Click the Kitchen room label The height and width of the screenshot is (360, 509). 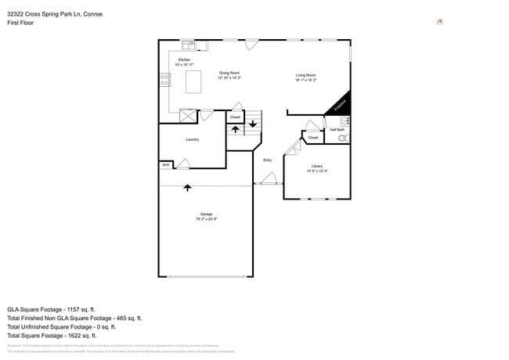184,60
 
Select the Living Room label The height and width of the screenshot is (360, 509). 305,76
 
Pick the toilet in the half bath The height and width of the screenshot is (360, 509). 343,138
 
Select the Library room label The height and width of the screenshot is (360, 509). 316,167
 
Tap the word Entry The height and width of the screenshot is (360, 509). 267,160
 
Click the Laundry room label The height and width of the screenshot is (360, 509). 192,139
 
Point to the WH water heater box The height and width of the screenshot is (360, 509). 166,165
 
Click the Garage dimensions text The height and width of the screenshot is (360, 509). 206,218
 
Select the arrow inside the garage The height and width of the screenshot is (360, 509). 187,188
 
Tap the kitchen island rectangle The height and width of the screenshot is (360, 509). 192,81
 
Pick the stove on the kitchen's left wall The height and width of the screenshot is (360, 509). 164,78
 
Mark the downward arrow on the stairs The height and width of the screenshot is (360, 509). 253,124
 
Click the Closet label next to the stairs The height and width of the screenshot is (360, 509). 235,117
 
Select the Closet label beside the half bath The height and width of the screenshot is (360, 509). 313,138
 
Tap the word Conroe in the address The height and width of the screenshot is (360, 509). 92,14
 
